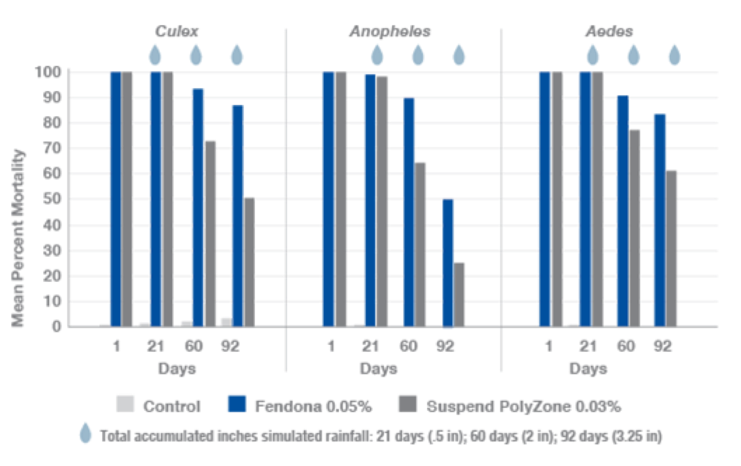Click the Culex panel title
pos(177,32)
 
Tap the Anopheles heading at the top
pos(389,32)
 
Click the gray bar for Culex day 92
pos(249,261)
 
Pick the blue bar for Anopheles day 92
pos(448,263)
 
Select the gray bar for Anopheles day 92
pos(461,294)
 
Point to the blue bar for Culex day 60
pos(198,206)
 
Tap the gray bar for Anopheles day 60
pos(421,243)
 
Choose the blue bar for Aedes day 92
pos(660,219)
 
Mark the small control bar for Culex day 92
pos(226,321)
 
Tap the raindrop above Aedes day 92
pos(674,54)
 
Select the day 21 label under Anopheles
pos(369,346)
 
